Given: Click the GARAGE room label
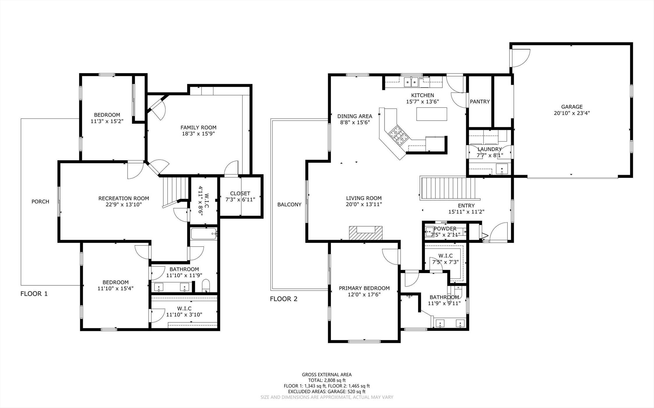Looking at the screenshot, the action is click(572, 107).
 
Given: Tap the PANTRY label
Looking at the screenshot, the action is click(480, 102).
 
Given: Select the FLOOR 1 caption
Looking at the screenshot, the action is click(34, 294).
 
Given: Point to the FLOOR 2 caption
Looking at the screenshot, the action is click(284, 299).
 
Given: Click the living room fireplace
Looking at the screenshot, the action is click(366, 233).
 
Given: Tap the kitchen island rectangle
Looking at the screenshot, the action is click(432, 114).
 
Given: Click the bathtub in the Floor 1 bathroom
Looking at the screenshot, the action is click(204, 234).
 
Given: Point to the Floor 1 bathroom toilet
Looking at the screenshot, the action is click(206, 286).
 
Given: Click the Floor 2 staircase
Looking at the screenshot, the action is click(448, 188).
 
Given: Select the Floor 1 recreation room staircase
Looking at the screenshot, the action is click(176, 191).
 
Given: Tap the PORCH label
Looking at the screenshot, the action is click(40, 202).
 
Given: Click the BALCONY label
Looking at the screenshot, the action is click(289, 204).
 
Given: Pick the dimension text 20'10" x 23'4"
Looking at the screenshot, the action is click(572, 113).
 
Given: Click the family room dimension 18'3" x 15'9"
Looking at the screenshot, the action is click(198, 134).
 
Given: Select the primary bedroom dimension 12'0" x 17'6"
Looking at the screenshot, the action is click(364, 294).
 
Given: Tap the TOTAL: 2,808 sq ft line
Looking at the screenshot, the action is click(327, 380).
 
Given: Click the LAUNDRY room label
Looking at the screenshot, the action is click(490, 149).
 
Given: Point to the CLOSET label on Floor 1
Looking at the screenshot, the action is click(240, 193).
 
